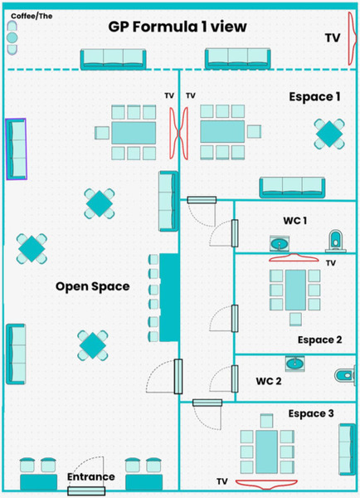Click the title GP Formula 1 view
pos(178,27)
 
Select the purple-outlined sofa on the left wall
pos(17,148)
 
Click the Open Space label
pos(92,286)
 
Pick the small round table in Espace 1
pos(328,133)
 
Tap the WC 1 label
pos(294,221)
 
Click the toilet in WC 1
pos(335,241)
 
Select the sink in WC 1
pos(280,243)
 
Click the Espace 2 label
pos(319,339)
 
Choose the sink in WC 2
pos(294,363)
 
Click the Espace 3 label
pos(311,413)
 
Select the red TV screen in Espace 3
pos(266,481)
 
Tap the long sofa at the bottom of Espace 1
pos(294,188)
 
